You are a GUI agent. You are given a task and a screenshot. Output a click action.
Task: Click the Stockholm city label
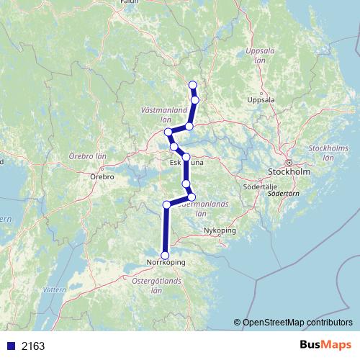click(288, 173)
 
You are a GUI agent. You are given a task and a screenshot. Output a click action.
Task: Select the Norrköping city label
click(165, 263)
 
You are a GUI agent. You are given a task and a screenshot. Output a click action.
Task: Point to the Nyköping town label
click(220, 230)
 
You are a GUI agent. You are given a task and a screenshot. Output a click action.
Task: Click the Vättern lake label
click(54, 289)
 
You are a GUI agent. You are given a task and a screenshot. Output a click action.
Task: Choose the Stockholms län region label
click(318, 152)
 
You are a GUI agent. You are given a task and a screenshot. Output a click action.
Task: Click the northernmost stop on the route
click(192, 86)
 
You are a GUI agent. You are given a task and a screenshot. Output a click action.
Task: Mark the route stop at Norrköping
click(165, 255)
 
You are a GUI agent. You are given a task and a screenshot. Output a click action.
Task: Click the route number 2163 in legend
click(32, 346)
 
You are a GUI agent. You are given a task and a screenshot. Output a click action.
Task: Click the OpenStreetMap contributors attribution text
click(297, 323)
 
